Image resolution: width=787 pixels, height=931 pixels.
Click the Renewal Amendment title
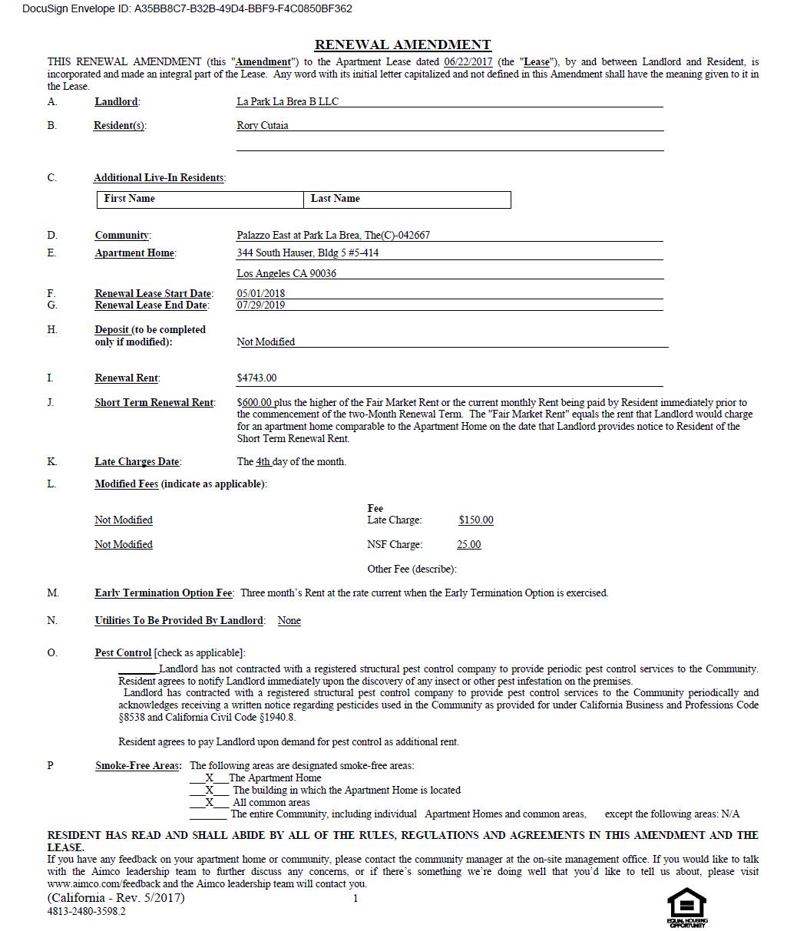pos(402,45)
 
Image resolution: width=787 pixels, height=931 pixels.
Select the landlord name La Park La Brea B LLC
pos(287,101)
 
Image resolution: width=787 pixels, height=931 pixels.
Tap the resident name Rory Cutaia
pos(262,125)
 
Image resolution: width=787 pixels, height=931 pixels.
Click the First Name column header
pos(129,198)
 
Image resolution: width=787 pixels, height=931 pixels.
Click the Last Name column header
pos(335,198)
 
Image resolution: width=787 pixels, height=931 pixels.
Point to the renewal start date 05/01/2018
pos(260,293)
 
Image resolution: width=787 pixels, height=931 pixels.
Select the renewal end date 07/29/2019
pos(260,305)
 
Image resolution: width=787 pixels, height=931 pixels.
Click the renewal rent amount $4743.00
pos(256,378)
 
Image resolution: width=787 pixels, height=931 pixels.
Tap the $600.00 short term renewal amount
pos(254,402)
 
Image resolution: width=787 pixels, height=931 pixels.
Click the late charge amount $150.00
pos(476,520)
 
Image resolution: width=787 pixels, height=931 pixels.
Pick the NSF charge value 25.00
pos(468,544)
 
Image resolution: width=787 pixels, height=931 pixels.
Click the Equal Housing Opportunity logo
pos(686,907)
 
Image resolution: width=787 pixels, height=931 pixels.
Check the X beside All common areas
pos(209,802)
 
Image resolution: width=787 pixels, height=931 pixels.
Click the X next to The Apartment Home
pos(209,777)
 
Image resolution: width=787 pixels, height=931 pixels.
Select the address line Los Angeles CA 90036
pos(286,273)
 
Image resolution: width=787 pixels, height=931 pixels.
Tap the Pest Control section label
pos(123,652)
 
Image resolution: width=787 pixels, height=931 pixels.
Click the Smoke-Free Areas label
pos(138,765)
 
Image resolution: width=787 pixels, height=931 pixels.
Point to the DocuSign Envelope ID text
pos(187,9)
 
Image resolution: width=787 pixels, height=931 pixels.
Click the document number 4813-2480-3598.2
pos(86,911)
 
